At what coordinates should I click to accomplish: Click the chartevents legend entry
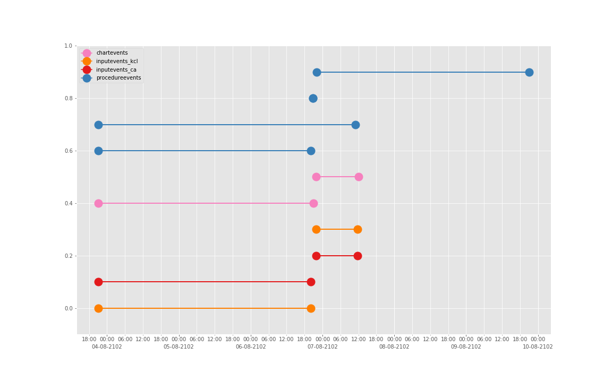[112, 53]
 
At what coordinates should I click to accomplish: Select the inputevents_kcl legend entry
[116, 62]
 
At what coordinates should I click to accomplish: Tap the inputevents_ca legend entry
[116, 70]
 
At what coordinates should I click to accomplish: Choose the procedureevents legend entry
[118, 78]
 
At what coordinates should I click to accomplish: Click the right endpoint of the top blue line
[529, 72]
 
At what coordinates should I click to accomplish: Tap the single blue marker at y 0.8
[313, 98]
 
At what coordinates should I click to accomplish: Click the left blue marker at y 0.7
[98, 125]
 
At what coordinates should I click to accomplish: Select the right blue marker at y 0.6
[311, 151]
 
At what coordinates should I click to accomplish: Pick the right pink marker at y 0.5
[359, 177]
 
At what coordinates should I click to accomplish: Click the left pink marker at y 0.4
[98, 203]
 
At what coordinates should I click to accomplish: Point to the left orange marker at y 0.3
[316, 229]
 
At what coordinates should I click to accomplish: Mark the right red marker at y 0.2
[358, 256]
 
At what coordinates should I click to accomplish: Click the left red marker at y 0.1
[98, 282]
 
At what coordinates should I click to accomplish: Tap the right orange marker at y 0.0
[311, 308]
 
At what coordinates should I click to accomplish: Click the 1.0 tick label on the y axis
[68, 46]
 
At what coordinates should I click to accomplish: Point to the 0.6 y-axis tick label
[68, 151]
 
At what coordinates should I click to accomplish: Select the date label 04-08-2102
[107, 347]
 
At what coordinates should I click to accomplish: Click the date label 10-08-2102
[538, 347]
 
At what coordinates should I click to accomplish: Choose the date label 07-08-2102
[322, 347]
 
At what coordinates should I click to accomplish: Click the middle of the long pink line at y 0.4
[206, 203]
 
